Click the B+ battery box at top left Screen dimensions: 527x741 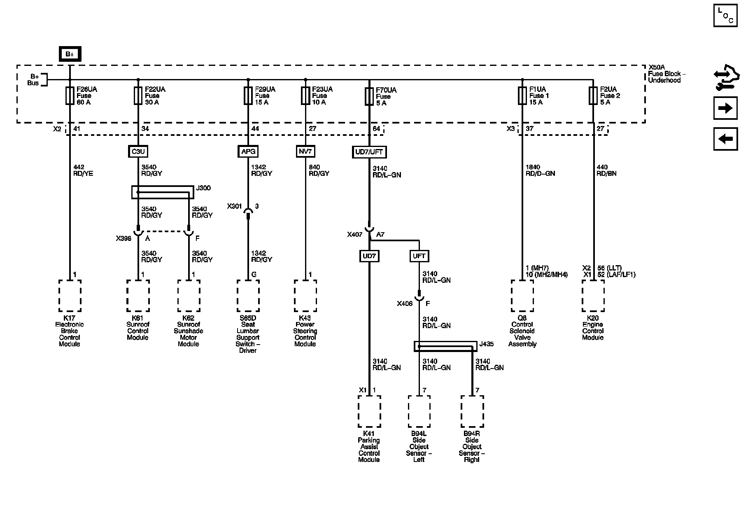tap(70, 54)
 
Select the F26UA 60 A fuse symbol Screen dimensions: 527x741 tap(70, 96)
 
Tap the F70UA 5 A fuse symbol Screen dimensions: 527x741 tap(369, 96)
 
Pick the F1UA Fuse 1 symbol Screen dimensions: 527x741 tap(522, 96)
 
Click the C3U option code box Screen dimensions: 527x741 tap(138, 152)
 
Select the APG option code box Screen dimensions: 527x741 tap(248, 152)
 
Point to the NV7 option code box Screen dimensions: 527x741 tap(305, 152)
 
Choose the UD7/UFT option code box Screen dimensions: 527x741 tap(369, 152)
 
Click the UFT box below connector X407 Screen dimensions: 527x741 tap(419, 256)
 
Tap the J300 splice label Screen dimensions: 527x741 tap(203, 188)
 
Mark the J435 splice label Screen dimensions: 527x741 tap(486, 344)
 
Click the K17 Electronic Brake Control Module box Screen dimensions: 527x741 tap(70, 296)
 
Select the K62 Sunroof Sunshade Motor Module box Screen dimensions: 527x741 tap(189, 296)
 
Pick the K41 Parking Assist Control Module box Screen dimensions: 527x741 tap(369, 412)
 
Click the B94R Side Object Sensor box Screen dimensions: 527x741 tap(472, 412)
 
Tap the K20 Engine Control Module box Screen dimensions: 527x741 tap(593, 296)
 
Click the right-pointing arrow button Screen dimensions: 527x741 tap(725, 108)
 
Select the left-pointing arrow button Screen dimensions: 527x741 tap(725, 139)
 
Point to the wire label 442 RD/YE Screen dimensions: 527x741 tap(83, 170)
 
